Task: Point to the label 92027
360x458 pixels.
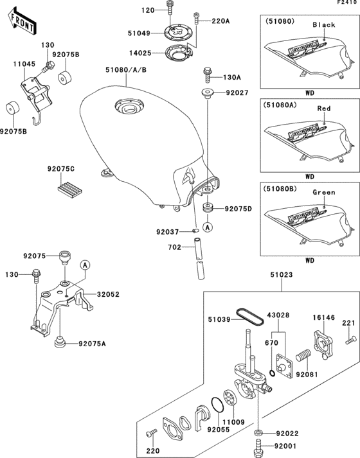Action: (x=237, y=93)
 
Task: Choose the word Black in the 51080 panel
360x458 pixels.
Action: (x=324, y=24)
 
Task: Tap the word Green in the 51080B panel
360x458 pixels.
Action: (x=324, y=192)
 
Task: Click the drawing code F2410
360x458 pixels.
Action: (x=345, y=4)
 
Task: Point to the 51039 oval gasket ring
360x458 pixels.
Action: (x=246, y=315)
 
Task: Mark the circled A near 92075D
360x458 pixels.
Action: (x=208, y=227)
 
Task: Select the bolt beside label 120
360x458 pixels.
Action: (x=169, y=8)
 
